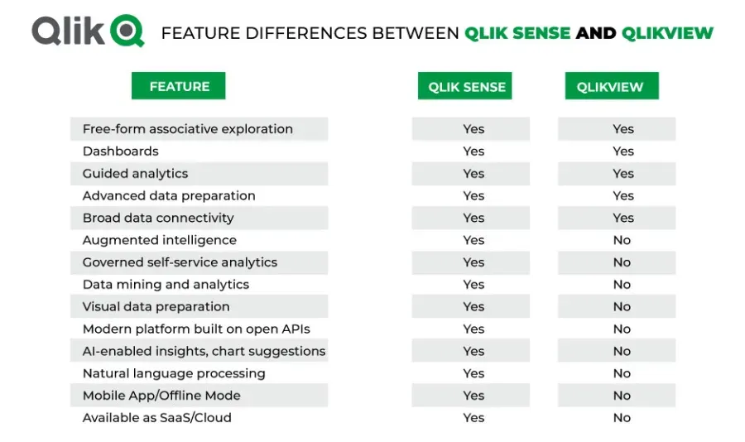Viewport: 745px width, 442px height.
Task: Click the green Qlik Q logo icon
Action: [x=127, y=31]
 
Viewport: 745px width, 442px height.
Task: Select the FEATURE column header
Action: [x=179, y=86]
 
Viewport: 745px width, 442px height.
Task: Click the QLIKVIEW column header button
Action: [x=612, y=86]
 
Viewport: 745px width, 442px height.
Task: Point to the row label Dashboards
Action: [x=121, y=151]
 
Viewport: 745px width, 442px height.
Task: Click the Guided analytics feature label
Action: [x=136, y=174]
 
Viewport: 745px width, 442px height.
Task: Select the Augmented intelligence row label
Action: [x=160, y=240]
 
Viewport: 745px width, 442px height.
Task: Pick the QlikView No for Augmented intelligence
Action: [x=622, y=240]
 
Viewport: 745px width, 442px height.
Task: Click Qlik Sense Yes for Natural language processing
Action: [x=473, y=373]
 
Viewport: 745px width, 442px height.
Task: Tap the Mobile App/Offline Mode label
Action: [x=161, y=396]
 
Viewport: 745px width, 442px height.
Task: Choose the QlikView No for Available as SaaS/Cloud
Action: [x=622, y=418]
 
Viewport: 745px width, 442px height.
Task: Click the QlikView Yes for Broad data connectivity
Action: [x=623, y=218]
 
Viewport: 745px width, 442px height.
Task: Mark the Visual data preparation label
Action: [x=156, y=306]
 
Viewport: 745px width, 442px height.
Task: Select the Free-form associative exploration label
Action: [x=188, y=129]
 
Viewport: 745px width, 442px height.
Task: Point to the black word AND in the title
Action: [x=596, y=33]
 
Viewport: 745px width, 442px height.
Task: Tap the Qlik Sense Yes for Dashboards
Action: [x=473, y=151]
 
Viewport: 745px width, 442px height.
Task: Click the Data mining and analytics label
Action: [x=166, y=284]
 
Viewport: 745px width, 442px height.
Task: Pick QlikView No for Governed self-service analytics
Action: [x=622, y=262]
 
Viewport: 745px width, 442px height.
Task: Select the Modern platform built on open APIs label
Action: [x=196, y=329]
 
